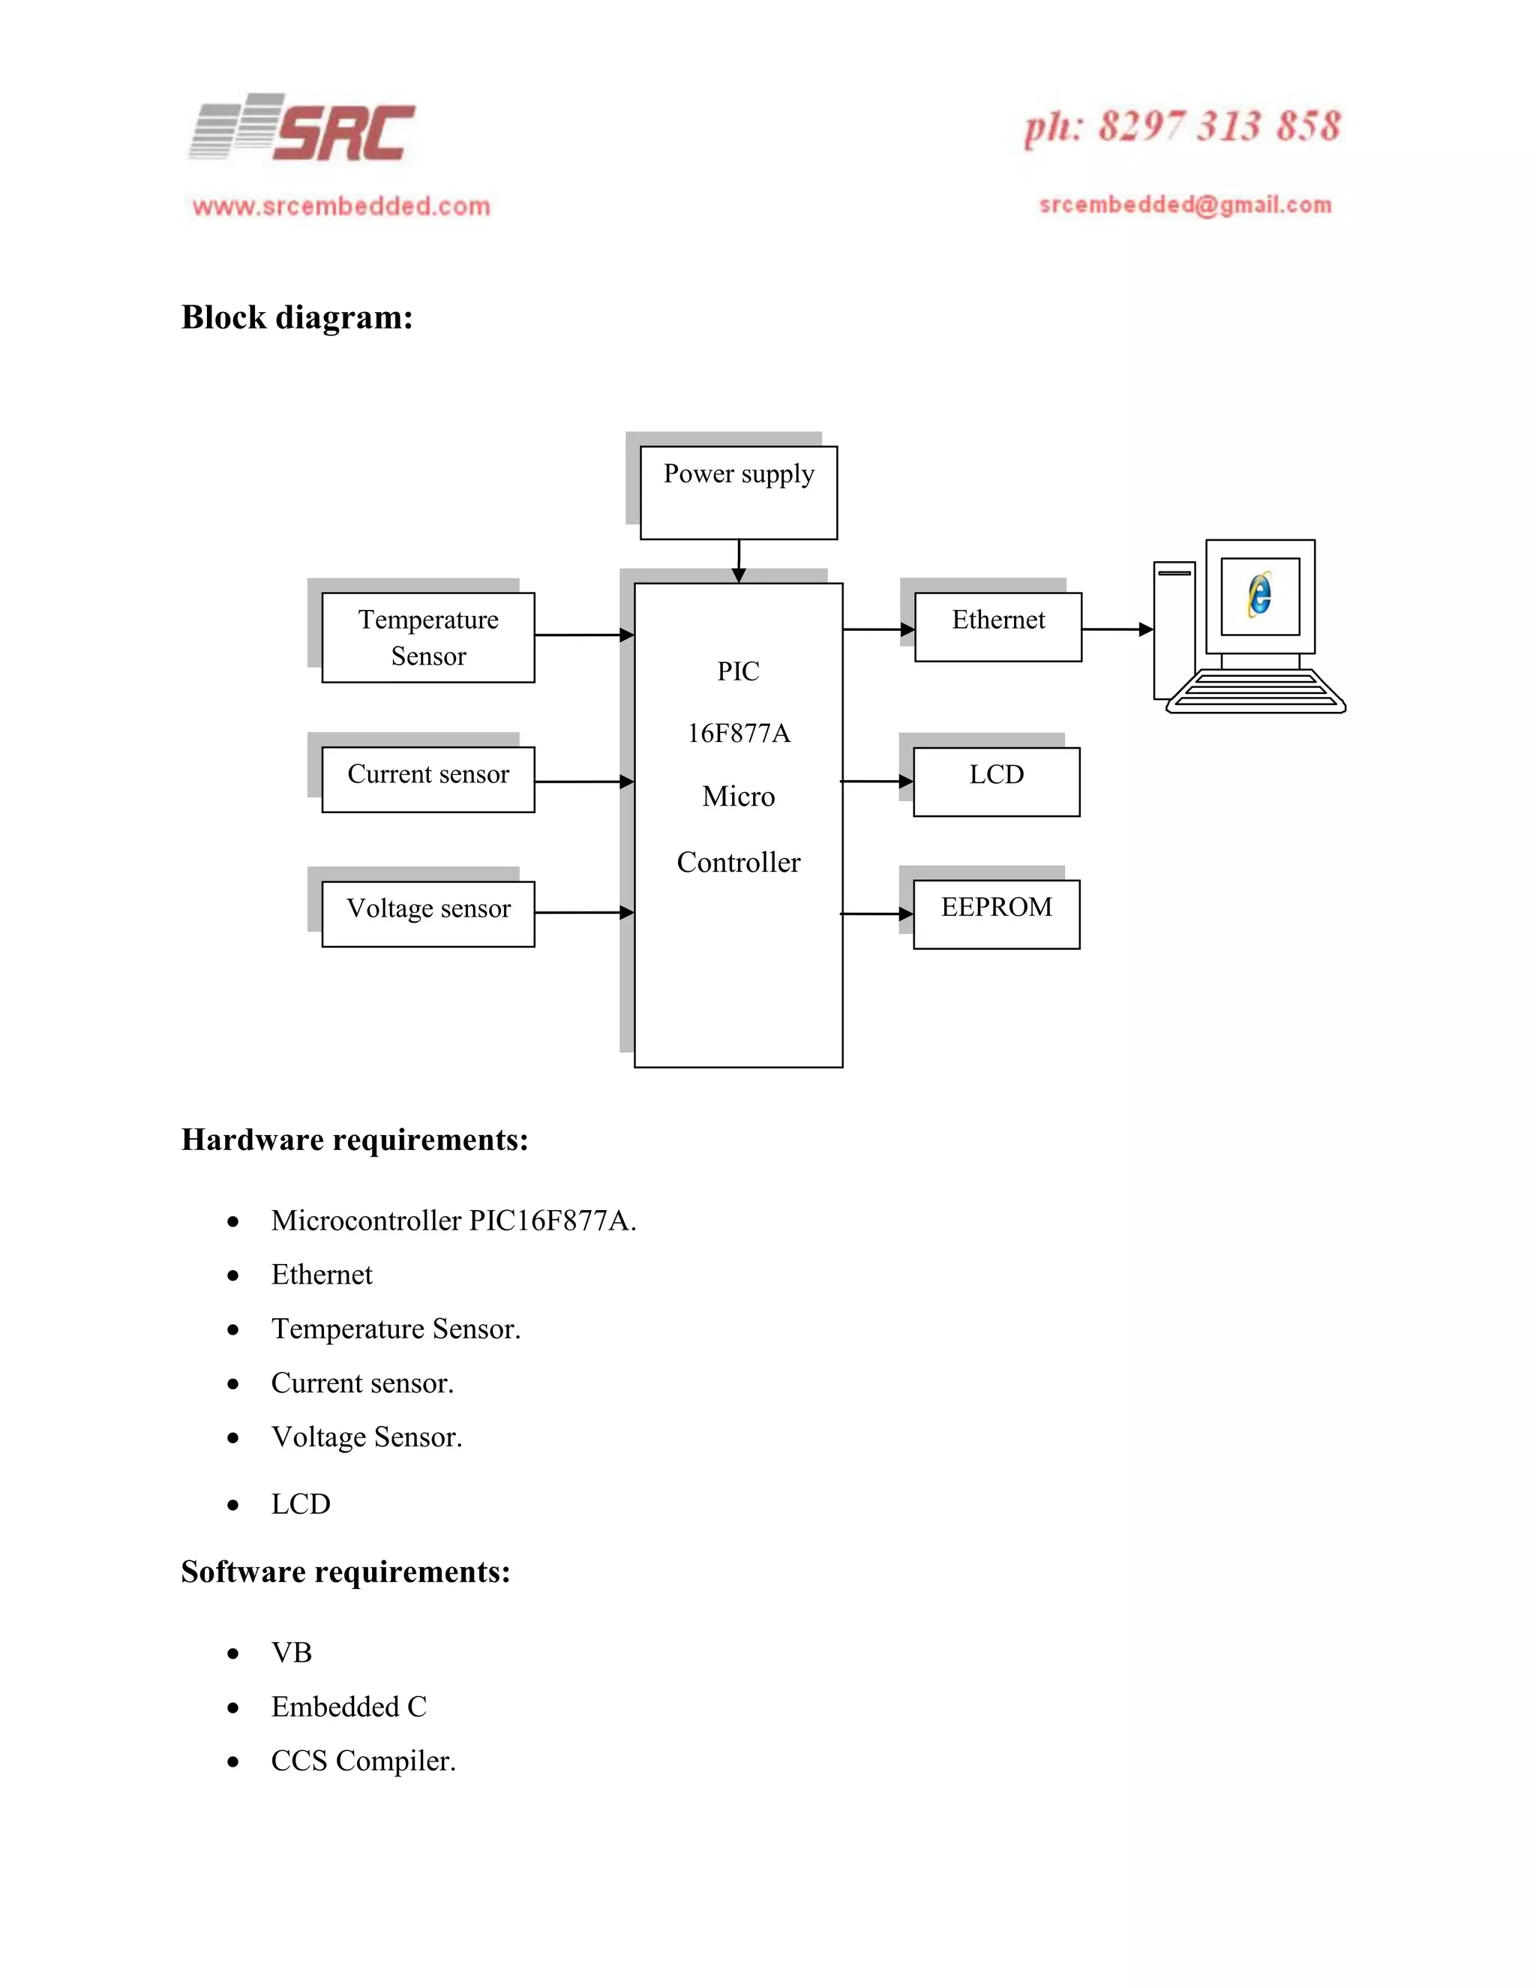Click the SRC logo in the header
coord(303,129)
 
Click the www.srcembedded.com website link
coord(341,206)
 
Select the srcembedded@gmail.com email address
coord(1185,205)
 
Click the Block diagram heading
coord(297,317)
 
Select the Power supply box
coord(738,492)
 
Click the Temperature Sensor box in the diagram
coord(427,637)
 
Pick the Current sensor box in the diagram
coord(427,779)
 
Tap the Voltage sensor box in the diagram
coord(427,913)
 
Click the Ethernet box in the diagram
coord(997,626)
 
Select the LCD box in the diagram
coord(997,781)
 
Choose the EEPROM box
coord(997,913)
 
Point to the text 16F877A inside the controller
coord(738,734)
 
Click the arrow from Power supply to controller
coord(739,560)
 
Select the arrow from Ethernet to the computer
coord(1117,629)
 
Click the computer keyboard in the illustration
coord(1255,691)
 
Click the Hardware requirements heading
coord(355,1140)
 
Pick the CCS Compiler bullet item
coord(363,1761)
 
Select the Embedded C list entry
coord(349,1706)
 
